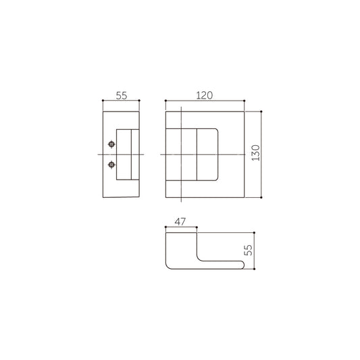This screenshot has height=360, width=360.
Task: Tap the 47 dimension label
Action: (180, 221)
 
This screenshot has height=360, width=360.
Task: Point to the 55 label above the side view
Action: (121, 95)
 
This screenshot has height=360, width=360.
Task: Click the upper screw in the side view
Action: (111, 145)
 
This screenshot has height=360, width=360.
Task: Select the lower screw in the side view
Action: (111, 164)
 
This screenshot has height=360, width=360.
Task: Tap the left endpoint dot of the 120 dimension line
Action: (165, 101)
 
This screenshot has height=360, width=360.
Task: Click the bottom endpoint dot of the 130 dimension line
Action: (260, 199)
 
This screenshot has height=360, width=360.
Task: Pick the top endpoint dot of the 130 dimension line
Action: (260, 111)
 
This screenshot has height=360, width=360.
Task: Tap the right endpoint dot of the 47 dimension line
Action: (196, 227)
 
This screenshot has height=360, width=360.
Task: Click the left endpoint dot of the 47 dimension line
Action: (165, 227)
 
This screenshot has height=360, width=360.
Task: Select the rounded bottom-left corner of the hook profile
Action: (169, 265)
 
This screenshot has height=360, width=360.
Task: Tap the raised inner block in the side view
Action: (128, 155)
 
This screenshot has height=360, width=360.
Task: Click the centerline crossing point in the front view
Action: (181, 155)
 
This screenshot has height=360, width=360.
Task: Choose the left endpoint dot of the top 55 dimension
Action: (103, 101)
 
